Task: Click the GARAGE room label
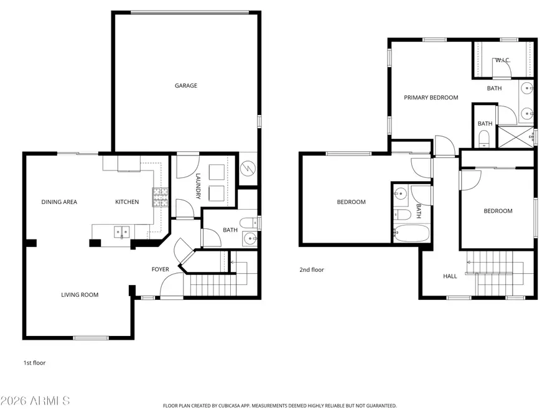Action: click(x=185, y=86)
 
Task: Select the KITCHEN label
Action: click(x=127, y=202)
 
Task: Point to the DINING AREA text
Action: click(x=59, y=202)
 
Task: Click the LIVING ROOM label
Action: click(x=80, y=295)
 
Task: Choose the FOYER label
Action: click(x=161, y=269)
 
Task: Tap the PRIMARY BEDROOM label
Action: click(x=431, y=98)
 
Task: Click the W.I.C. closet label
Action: click(x=503, y=60)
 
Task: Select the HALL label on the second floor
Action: click(x=449, y=276)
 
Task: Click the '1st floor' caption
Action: click(x=34, y=363)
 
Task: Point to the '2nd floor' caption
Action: click(x=312, y=270)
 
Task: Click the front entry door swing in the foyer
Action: click(x=169, y=287)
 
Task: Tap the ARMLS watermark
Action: click(x=35, y=400)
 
